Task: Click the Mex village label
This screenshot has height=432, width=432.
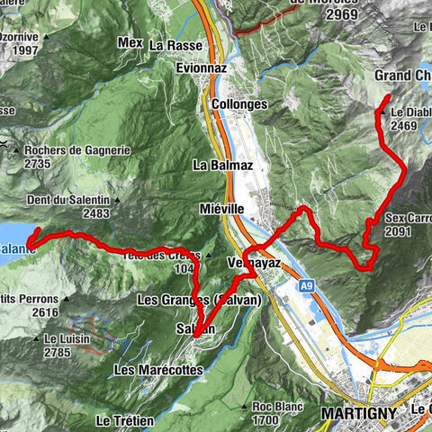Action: tap(130, 41)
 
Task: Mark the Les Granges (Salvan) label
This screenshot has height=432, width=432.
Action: tap(199, 299)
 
